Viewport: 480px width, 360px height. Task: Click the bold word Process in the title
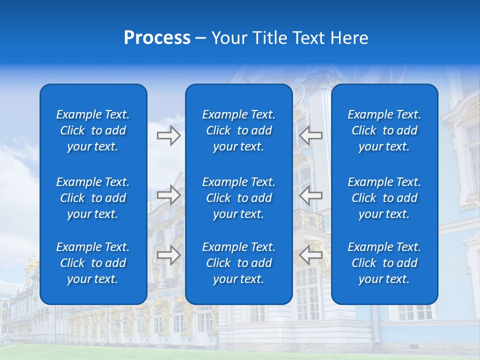click(x=157, y=38)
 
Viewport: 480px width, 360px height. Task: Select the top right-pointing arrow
click(x=168, y=135)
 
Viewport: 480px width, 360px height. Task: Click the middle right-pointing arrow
click(x=168, y=194)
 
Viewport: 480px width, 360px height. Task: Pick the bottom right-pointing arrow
click(x=168, y=255)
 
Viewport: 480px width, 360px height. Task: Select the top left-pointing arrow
click(x=311, y=135)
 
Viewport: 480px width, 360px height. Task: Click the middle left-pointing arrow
click(x=311, y=194)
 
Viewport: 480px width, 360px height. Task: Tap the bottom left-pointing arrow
click(x=311, y=255)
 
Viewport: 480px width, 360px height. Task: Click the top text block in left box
click(x=93, y=130)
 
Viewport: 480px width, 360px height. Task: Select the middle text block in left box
click(x=93, y=198)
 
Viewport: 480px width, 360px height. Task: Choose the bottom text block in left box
click(x=93, y=263)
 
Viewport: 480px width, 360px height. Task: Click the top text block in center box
click(x=238, y=130)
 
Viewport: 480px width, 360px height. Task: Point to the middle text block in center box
click(x=238, y=198)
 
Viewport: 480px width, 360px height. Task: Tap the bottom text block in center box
click(x=238, y=263)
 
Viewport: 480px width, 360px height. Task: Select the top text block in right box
click(x=384, y=130)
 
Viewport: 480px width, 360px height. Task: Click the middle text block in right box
click(x=384, y=198)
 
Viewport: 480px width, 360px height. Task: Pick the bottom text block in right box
click(x=384, y=263)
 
